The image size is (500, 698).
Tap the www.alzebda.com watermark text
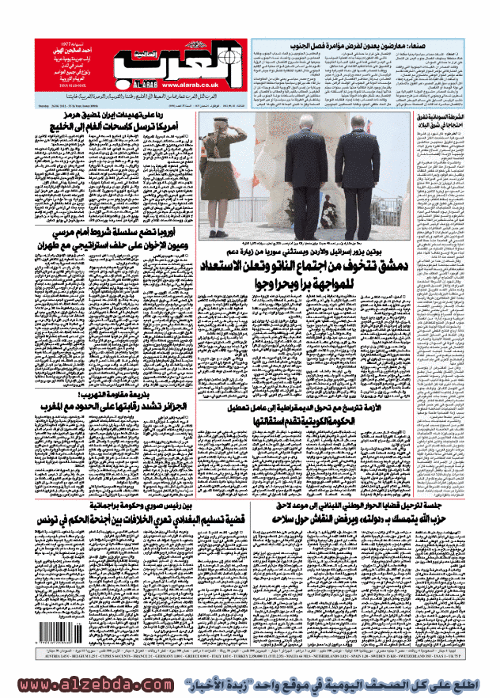click(95, 685)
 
